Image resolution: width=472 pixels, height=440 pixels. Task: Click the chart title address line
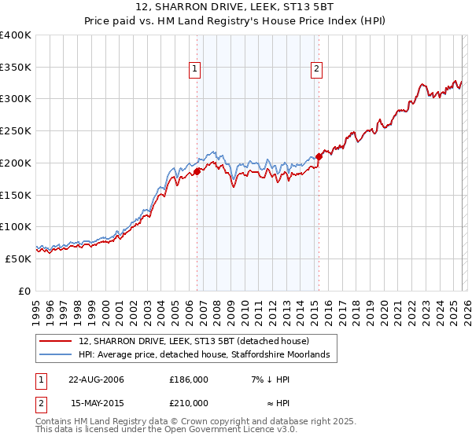[x=235, y=7]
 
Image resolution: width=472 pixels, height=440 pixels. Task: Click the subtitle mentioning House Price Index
[x=235, y=21]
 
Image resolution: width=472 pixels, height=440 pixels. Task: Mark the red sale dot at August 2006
[x=197, y=172]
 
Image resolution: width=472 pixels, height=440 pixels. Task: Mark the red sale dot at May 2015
[x=319, y=156]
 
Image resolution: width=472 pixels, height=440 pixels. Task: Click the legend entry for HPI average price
[x=208, y=355]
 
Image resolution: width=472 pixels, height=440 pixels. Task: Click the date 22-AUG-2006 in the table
[x=96, y=379]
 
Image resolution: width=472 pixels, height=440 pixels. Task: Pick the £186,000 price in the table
[x=189, y=379]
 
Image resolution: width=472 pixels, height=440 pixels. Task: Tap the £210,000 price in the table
[x=189, y=403]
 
